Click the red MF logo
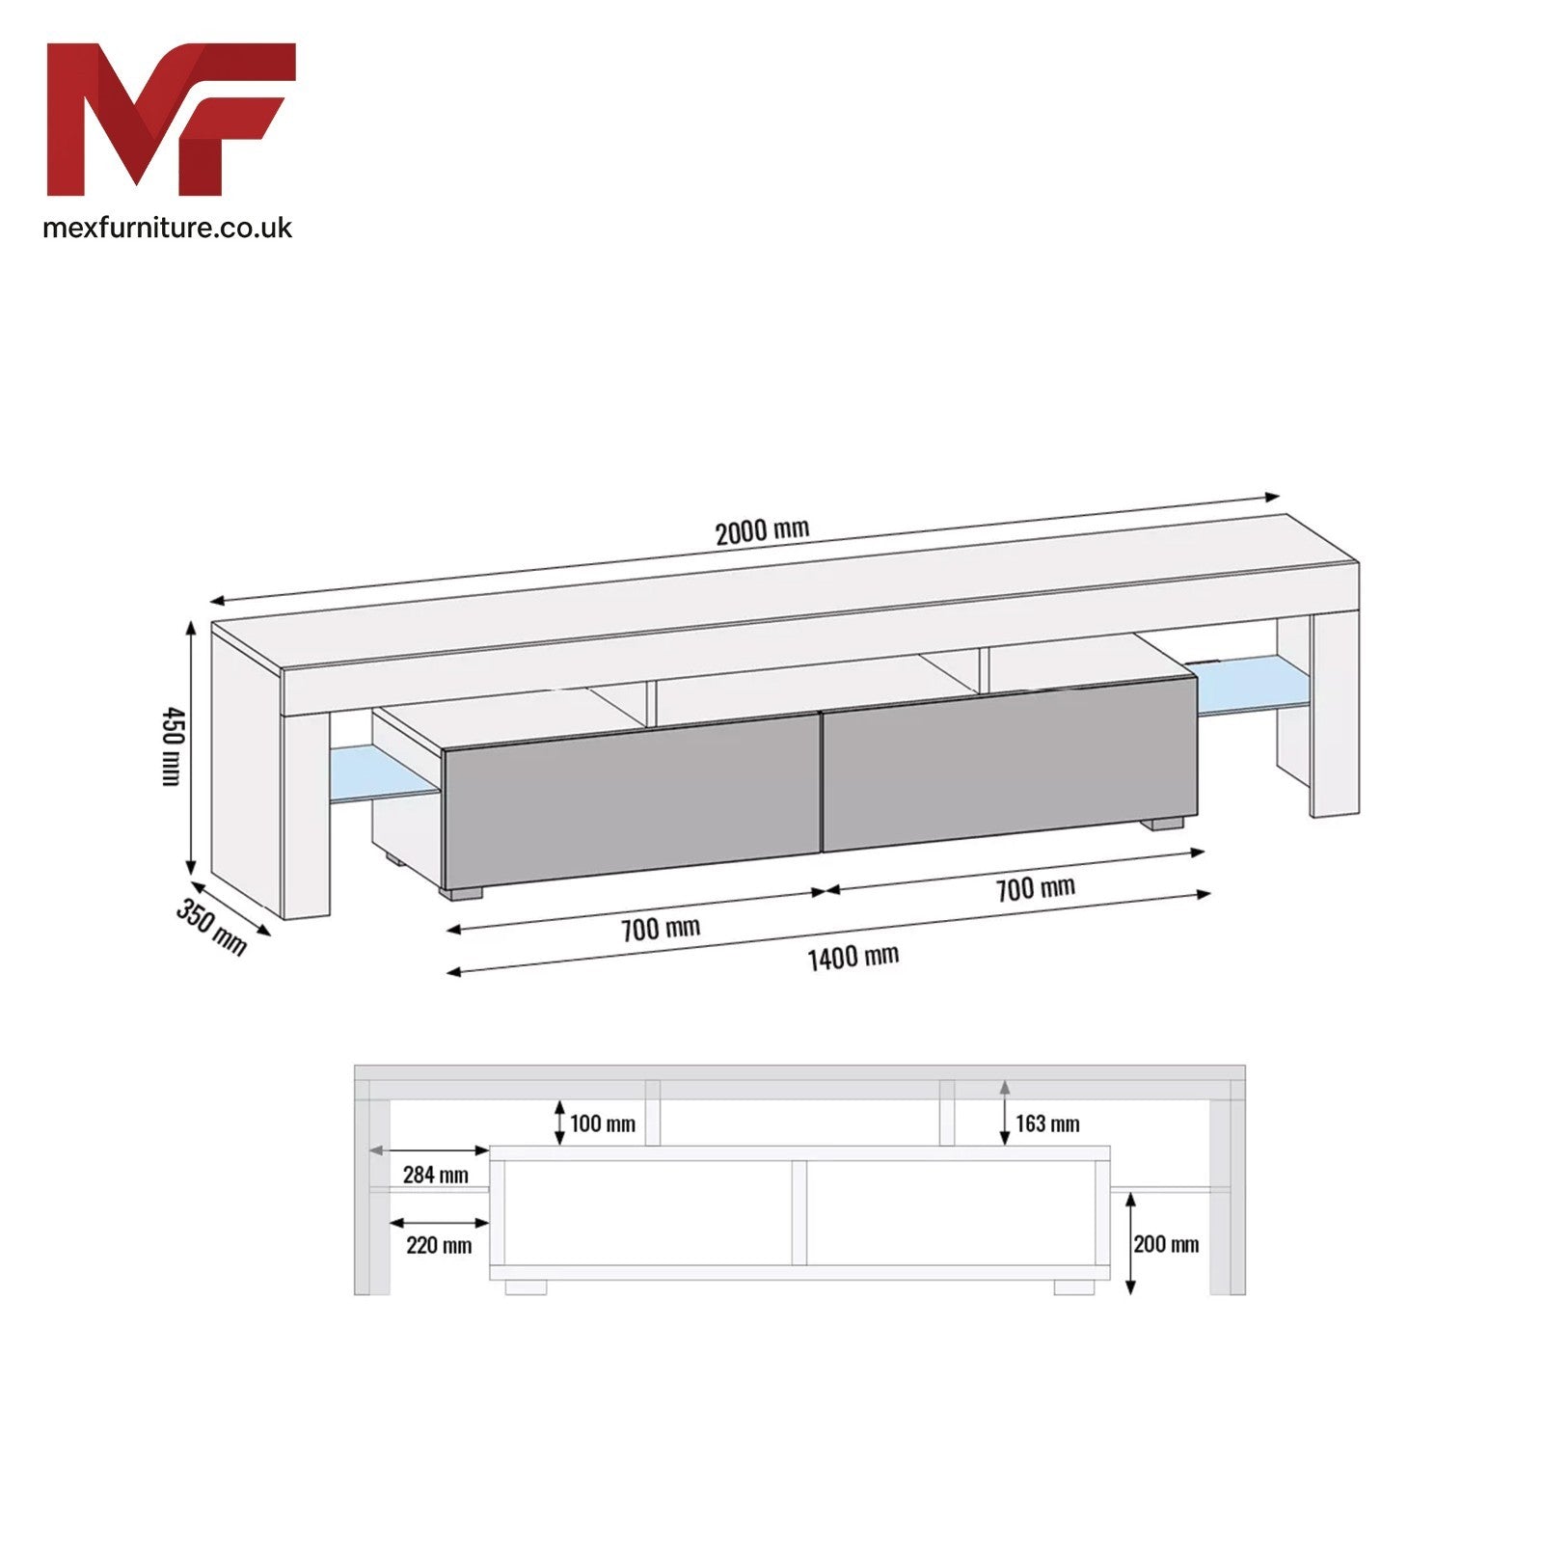(x=172, y=119)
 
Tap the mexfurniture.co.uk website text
(x=168, y=228)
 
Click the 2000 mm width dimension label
(x=762, y=530)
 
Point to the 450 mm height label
(x=172, y=745)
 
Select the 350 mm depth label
(x=211, y=927)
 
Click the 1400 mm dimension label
(x=853, y=958)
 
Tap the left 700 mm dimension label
(x=661, y=930)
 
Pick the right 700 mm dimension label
(x=1036, y=888)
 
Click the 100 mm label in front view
(x=603, y=1123)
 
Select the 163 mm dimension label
(x=1047, y=1123)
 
